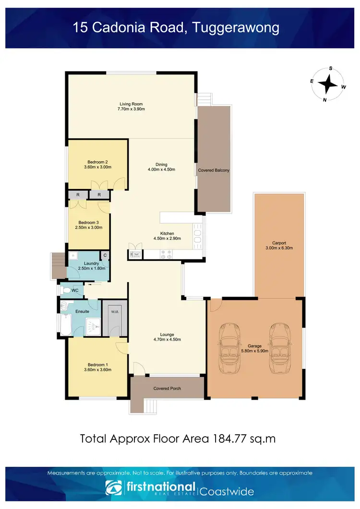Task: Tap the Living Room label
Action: pyautogui.click(x=131, y=104)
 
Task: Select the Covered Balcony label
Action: pyautogui.click(x=214, y=170)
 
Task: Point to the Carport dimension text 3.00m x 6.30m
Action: pyautogui.click(x=279, y=248)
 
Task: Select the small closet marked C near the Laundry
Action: pyautogui.click(x=104, y=255)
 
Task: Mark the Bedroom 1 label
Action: pyautogui.click(x=97, y=364)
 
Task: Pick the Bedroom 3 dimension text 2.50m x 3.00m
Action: pyautogui.click(x=88, y=228)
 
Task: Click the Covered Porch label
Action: pyautogui.click(x=167, y=388)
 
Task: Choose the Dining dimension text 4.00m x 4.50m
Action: pyautogui.click(x=161, y=169)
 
